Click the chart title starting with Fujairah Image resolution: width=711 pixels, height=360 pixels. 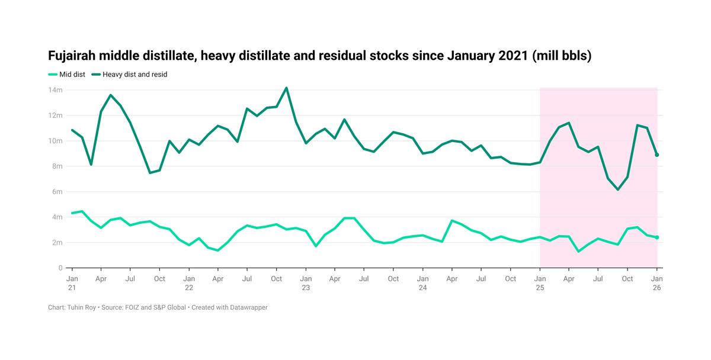pyautogui.click(x=320, y=56)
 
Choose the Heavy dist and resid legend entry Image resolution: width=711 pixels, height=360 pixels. pyautogui.click(x=133, y=75)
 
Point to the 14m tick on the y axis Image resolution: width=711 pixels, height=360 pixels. pyautogui.click(x=56, y=90)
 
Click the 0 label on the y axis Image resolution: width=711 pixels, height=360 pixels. pyautogui.click(x=60, y=268)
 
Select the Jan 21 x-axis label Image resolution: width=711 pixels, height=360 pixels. pyautogui.click(x=72, y=283)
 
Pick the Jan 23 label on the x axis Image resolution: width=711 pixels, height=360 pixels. pyautogui.click(x=306, y=283)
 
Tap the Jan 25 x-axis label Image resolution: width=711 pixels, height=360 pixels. pyautogui.click(x=539, y=283)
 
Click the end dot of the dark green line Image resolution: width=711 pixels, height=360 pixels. pyautogui.click(x=656, y=155)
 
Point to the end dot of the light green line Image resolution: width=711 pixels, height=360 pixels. pyautogui.click(x=656, y=237)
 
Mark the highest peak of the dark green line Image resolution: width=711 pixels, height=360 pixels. pyautogui.click(x=286, y=88)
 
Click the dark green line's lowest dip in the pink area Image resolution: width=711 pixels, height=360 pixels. pyautogui.click(x=618, y=189)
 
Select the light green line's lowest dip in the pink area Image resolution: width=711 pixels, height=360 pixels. pyautogui.click(x=578, y=252)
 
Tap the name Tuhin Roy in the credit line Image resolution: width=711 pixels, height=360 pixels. pyautogui.click(x=79, y=308)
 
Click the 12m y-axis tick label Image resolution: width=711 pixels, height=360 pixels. pyautogui.click(x=56, y=115)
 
